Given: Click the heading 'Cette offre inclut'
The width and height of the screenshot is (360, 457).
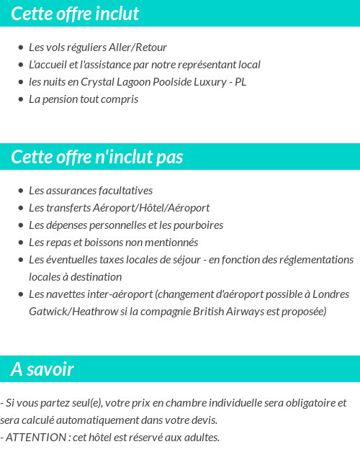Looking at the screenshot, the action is coord(75,14).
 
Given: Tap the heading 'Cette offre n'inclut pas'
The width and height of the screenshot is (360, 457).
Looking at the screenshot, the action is coord(97,157).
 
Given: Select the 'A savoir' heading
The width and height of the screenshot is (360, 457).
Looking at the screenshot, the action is coord(42,369).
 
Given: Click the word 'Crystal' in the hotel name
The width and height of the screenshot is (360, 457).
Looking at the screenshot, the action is coord(97,82).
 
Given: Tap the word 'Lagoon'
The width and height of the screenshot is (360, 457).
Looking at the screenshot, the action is coord(134,82).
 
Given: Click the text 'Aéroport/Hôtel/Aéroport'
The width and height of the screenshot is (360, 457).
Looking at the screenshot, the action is coord(151,208).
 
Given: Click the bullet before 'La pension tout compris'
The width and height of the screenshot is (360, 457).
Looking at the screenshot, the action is coord(21,99).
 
